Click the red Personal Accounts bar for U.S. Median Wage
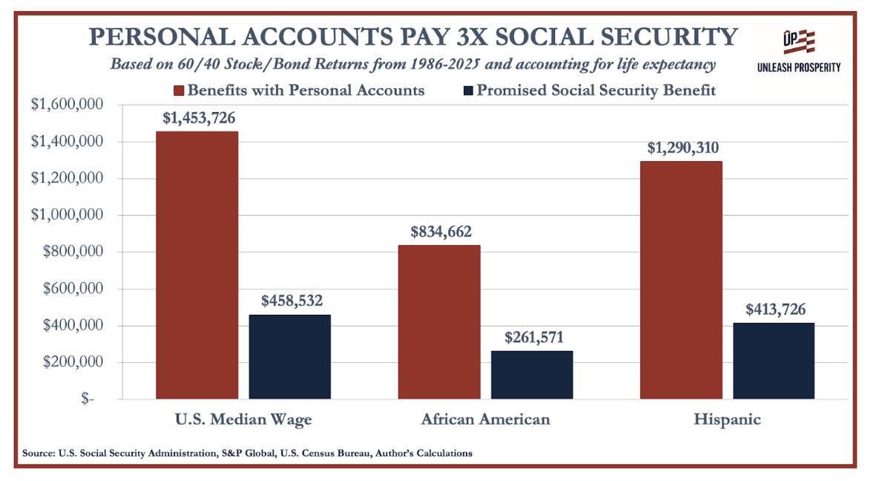click(x=197, y=265)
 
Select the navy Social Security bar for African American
click(x=532, y=375)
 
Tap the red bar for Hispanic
click(x=680, y=280)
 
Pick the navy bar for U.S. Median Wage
click(x=289, y=357)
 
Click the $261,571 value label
click(x=532, y=337)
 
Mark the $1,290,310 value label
click(x=680, y=148)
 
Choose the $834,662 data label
click(x=440, y=232)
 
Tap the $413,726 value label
click(x=774, y=309)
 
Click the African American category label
click(x=486, y=419)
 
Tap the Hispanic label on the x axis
click(x=727, y=419)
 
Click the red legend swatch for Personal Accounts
click(x=179, y=91)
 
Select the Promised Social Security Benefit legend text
click(x=596, y=91)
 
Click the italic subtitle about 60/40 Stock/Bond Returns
click(x=413, y=65)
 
